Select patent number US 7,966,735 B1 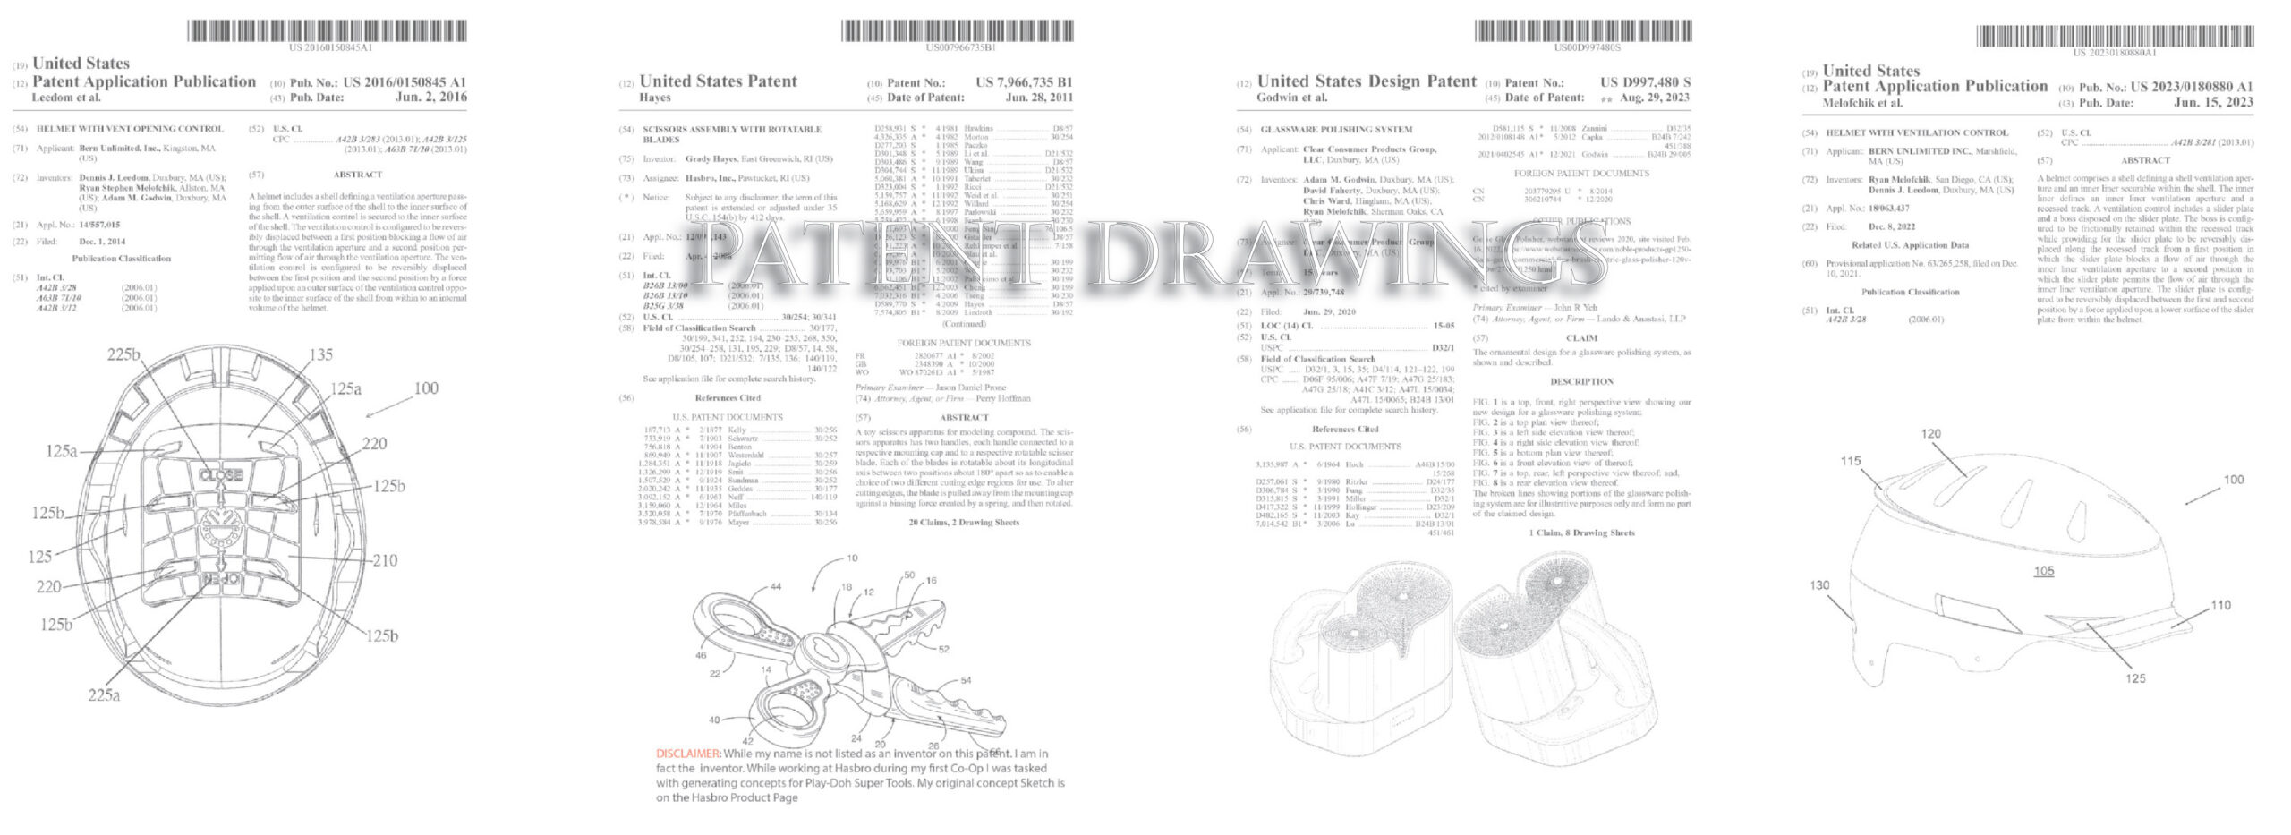[1024, 82]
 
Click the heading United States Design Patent [1366, 81]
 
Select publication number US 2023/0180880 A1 [2191, 87]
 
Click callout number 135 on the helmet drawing [320, 354]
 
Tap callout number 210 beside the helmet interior [385, 561]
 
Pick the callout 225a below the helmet [104, 694]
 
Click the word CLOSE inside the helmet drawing [220, 474]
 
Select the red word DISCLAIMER [687, 754]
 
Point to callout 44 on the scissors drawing [775, 586]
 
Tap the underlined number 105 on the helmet [2043, 571]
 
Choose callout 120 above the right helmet [1930, 434]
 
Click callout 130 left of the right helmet [1819, 585]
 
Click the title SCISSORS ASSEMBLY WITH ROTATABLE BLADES [731, 134]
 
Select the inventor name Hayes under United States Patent [654, 98]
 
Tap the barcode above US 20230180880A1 [2113, 36]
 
